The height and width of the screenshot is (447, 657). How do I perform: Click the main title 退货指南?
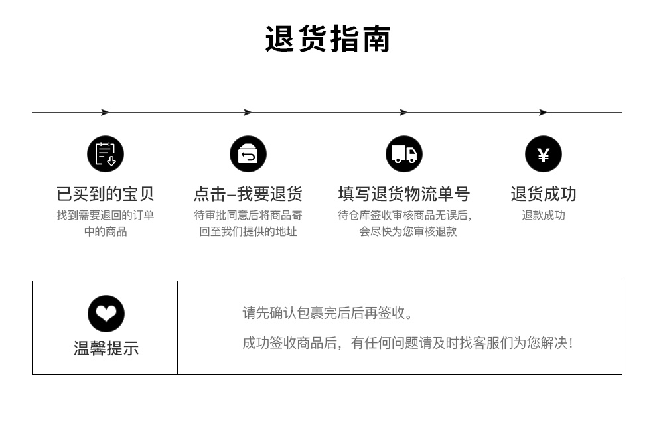(x=328, y=39)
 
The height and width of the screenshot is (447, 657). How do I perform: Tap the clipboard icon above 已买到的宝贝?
(x=106, y=154)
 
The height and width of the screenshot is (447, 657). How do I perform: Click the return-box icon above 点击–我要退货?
(x=248, y=154)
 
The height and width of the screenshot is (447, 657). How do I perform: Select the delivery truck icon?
(x=404, y=154)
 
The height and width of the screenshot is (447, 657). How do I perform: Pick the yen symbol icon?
(x=544, y=154)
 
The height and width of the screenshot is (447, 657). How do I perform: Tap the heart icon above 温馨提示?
(x=106, y=314)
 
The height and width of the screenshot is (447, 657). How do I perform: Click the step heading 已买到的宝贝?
(x=106, y=194)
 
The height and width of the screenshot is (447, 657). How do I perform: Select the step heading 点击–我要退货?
(x=248, y=194)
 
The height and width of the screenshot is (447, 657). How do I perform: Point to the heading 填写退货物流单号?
(x=404, y=194)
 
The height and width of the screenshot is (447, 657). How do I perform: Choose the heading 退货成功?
(x=544, y=194)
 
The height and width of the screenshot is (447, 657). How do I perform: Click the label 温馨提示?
(x=106, y=348)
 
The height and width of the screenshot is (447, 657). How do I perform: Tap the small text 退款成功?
(x=544, y=215)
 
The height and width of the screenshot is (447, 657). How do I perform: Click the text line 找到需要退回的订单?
(x=106, y=215)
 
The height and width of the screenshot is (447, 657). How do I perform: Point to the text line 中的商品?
(x=106, y=231)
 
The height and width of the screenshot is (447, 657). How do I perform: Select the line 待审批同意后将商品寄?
(x=248, y=215)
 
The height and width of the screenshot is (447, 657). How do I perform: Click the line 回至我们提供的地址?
(x=248, y=231)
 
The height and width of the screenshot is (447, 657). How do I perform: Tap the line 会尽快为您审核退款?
(x=408, y=231)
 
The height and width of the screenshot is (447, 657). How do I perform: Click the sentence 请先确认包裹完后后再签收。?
(x=328, y=313)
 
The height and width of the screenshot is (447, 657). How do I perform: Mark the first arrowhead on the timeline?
(x=105, y=113)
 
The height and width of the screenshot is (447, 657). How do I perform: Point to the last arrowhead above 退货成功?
(x=543, y=113)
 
